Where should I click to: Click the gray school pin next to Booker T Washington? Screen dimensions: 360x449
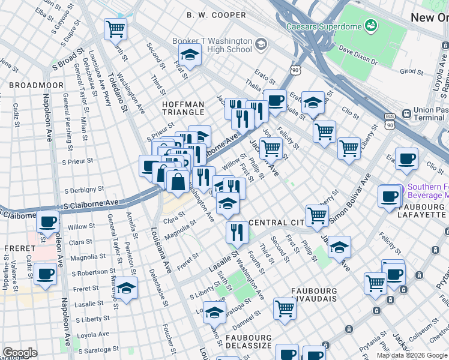click(x=261, y=44)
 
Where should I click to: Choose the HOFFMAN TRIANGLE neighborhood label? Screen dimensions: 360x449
click(x=183, y=109)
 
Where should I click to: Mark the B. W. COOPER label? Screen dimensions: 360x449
click(x=216, y=14)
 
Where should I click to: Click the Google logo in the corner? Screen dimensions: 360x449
click(x=20, y=353)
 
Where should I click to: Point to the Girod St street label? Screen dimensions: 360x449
click(x=412, y=71)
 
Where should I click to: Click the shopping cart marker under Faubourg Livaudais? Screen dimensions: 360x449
click(x=285, y=308)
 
